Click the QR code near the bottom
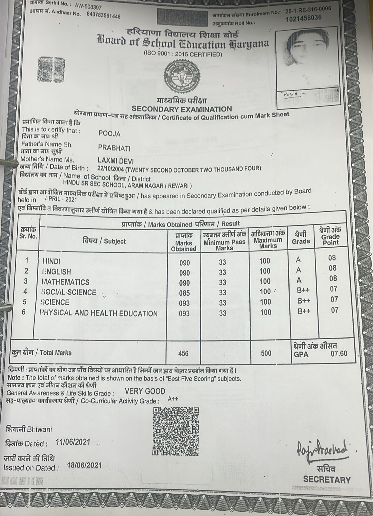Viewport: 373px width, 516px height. [176, 432]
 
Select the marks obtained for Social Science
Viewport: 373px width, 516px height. [185, 293]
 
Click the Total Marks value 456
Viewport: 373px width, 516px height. [183, 353]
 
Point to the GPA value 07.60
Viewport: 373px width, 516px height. [339, 353]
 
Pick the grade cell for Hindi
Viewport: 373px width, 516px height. [299, 260]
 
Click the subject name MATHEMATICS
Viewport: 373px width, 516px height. [66, 282]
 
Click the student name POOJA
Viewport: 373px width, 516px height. [110, 134]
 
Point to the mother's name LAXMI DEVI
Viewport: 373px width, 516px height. [115, 161]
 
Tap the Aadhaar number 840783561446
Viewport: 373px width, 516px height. [103, 15]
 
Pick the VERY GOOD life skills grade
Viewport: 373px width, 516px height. [145, 392]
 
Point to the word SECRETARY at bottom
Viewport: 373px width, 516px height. [327, 480]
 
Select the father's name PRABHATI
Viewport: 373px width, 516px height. [114, 148]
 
